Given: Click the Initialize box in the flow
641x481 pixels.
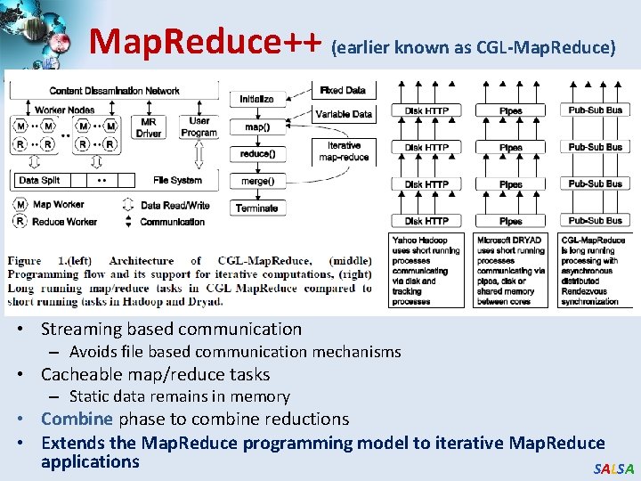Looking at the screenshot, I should pos(256,99).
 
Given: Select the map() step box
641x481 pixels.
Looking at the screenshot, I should pos(256,126).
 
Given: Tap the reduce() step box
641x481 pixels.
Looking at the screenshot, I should pos(256,153).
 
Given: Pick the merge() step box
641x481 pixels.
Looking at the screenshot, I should pos(256,181).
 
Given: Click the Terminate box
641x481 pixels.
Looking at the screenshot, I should pos(256,208).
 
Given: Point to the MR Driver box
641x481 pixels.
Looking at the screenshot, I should pos(149,127).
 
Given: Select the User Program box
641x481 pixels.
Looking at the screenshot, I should pos(199,126).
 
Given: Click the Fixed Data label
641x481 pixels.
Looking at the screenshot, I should pos(344,90).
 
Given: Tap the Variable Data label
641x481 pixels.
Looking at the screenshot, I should pos(344,114).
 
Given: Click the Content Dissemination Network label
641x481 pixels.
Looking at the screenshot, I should pos(114,90).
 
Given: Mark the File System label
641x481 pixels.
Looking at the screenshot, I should pos(177,180).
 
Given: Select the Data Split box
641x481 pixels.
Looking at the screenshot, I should pos(39,180).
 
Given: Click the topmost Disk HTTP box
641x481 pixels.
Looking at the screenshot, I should pos(427,110).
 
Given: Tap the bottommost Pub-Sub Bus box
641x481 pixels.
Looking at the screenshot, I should pos(595,220).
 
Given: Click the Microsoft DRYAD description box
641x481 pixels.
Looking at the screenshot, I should pos(511,270).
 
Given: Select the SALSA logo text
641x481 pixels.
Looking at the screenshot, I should pos(613,469).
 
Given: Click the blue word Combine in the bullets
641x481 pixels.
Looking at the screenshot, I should pos(77,419).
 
